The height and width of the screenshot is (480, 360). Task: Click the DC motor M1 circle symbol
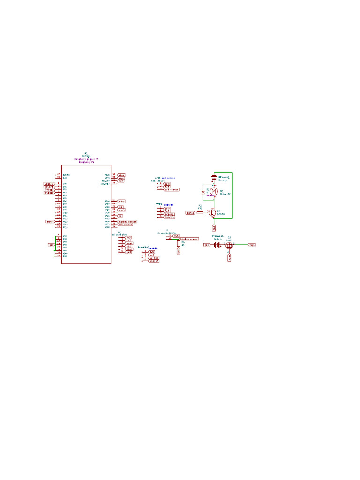pos(214,191)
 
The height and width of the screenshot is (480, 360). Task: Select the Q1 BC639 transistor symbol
pos(212,212)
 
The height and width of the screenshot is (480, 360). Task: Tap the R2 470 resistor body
pos(200,212)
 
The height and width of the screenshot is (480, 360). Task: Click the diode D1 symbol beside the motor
pos(203,192)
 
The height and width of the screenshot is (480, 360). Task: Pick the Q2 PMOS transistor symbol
pos(229,245)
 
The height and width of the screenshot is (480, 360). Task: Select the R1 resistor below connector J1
pos(178,243)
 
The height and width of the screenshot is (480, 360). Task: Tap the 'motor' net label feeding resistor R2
pos(190,212)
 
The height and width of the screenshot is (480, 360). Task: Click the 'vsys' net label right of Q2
pos(252,245)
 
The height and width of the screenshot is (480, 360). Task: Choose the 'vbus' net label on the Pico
pos(121,175)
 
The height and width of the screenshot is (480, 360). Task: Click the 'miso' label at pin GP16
pos(121,201)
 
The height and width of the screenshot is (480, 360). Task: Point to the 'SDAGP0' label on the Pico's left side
pos(49,184)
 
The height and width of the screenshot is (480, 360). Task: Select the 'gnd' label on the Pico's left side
pos(52,245)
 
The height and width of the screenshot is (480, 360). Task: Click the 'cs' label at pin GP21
pos(120,216)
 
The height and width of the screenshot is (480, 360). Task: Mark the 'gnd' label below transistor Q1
pos(214,227)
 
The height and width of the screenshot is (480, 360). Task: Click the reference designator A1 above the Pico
pos(86,153)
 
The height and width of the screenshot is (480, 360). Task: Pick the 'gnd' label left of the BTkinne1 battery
pos(207,245)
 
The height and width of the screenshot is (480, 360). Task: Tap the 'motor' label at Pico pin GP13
pos(50,221)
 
